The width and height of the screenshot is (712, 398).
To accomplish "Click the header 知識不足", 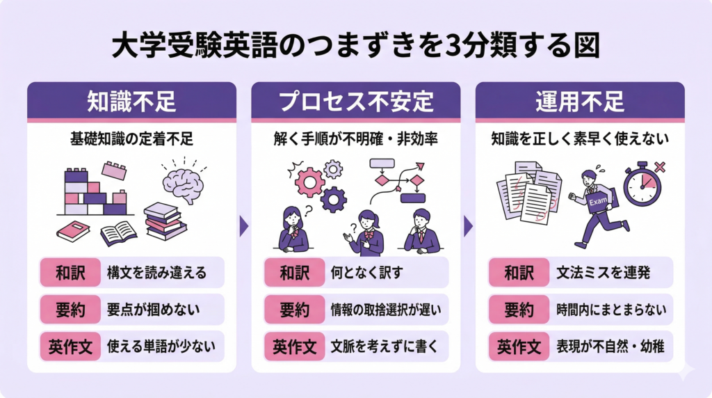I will click(131, 102).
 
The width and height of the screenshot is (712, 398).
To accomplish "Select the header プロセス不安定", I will click(355, 102).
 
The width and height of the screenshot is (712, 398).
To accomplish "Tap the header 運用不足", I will click(580, 102).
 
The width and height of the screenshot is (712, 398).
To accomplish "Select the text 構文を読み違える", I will click(156, 273).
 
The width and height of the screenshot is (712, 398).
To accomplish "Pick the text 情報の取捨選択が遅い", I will click(385, 310).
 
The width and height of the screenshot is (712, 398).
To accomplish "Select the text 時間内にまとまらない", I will click(608, 310).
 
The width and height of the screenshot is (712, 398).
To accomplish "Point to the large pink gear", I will click(309, 182).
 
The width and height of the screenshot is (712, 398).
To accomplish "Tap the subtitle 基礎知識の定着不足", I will click(131, 138).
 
